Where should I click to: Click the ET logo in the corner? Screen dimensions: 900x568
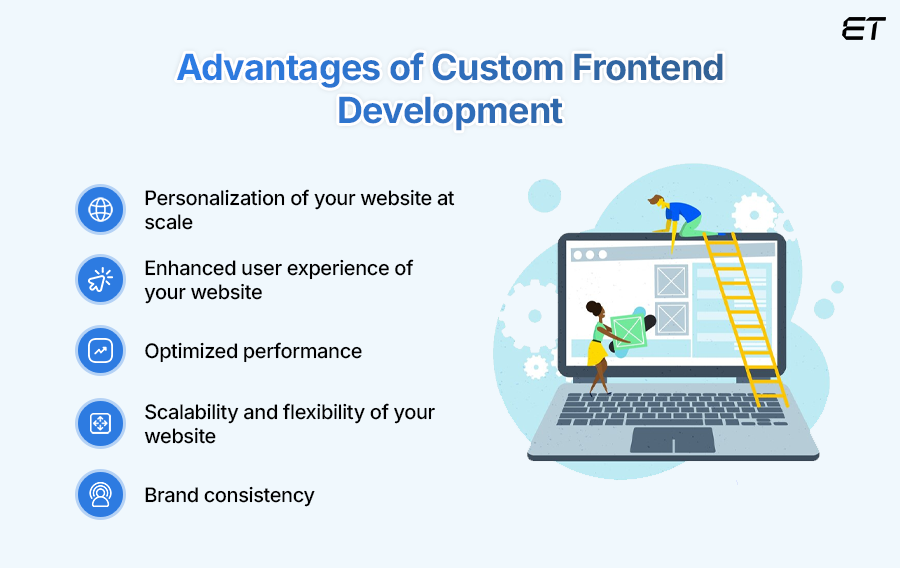(863, 29)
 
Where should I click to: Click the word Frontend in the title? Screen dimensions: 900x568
(648, 68)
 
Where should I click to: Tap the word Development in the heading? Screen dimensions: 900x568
(449, 111)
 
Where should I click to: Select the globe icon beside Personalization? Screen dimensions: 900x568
(100, 209)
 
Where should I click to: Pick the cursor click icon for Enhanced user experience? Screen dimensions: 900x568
(100, 279)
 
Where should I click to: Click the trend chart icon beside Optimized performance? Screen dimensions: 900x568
(100, 351)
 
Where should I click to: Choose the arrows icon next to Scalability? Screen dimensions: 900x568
(100, 423)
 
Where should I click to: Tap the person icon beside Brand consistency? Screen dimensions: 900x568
(100, 495)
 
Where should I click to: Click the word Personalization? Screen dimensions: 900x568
(215, 199)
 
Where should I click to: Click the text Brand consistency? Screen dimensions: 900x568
(229, 495)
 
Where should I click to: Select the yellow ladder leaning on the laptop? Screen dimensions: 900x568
(745, 318)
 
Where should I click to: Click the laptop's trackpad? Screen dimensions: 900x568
(673, 440)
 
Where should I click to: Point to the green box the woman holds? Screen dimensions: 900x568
(629, 331)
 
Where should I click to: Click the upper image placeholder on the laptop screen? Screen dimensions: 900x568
(671, 281)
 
